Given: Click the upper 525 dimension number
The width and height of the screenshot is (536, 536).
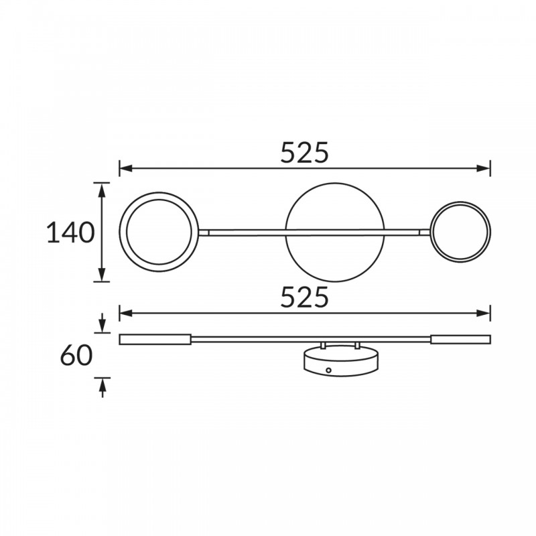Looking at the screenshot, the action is pos(304,153).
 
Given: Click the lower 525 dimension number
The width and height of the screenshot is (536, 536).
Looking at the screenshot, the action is pos(304,297).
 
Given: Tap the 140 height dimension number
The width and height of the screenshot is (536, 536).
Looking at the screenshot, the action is pos(70,232).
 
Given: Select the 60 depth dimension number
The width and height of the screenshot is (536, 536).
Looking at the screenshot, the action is pos(76,356).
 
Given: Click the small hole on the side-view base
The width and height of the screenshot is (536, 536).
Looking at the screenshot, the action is pos(328,371).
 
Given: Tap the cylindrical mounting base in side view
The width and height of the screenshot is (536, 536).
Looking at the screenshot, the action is pos(341,362).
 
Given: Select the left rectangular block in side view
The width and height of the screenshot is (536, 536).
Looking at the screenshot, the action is pos(155,340).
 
